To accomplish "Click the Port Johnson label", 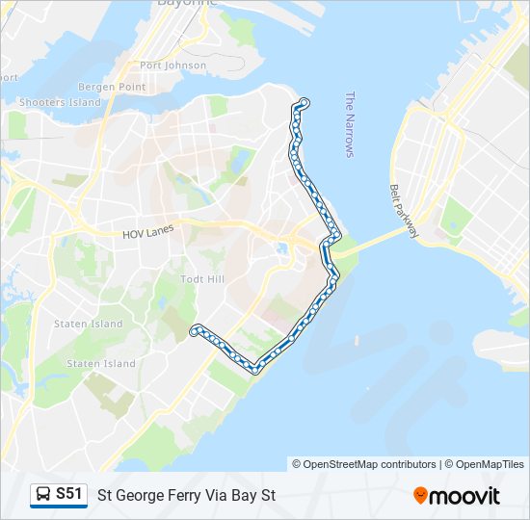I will click(172, 65).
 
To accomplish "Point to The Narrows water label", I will click(350, 124).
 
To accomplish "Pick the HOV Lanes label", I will click(146, 234).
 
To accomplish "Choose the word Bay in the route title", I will click(246, 496).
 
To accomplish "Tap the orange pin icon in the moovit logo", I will click(420, 496).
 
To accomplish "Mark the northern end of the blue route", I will click(305, 102).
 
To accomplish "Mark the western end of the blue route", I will click(195, 330).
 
